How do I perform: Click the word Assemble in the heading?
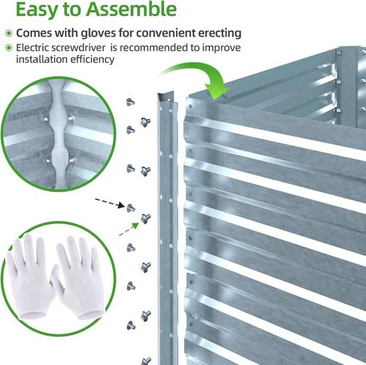[131, 9]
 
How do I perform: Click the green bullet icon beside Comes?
[9, 33]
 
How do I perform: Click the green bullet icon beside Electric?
[9, 47]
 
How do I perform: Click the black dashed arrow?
[109, 203]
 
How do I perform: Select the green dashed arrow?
[129, 229]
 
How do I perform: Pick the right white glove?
[78, 277]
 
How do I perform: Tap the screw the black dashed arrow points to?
[131, 208]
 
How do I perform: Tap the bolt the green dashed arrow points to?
[146, 218]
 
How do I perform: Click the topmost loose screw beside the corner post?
[131, 102]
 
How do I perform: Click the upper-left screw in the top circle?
[45, 120]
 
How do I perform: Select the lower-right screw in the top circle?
[72, 161]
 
